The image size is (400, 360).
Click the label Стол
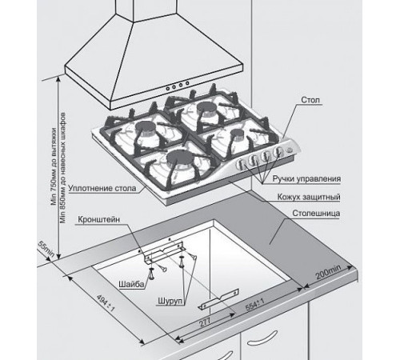310,100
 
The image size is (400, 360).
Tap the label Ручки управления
306,178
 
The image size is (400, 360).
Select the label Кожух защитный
309,197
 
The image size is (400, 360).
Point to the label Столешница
316,214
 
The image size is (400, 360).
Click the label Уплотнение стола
102,188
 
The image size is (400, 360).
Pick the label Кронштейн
99,220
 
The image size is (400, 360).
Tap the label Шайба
131,284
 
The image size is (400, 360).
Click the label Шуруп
170,301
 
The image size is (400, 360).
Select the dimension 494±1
106,302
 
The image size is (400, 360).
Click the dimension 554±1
255,305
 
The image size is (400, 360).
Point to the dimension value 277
205,322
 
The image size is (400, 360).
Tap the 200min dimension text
328,272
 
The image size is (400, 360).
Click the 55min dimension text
46,249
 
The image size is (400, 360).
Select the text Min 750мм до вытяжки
54,166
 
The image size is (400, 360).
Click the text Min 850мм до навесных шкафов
63,168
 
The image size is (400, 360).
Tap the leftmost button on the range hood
168,88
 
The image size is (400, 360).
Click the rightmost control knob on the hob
278,151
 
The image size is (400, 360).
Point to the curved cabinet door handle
262,338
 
